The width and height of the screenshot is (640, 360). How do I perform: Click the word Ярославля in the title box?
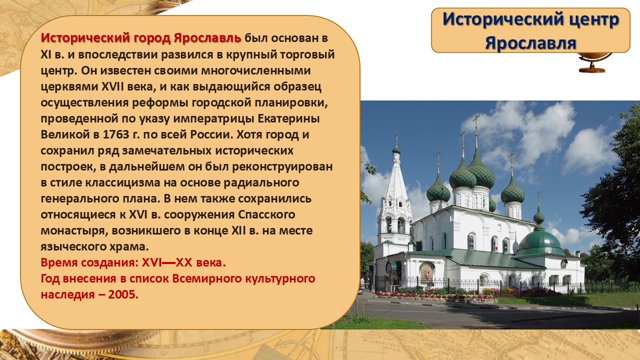(x=530, y=43)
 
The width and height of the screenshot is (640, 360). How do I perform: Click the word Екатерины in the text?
(x=288, y=119)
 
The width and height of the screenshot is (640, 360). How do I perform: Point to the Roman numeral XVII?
(x=113, y=86)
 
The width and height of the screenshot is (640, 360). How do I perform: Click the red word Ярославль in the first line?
(x=207, y=38)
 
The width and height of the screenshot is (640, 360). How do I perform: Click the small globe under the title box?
(x=595, y=62)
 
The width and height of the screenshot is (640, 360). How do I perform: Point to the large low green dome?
(x=539, y=243)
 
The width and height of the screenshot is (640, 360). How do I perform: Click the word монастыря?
(x=74, y=231)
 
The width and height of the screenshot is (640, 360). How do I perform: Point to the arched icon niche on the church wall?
(x=426, y=272)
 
